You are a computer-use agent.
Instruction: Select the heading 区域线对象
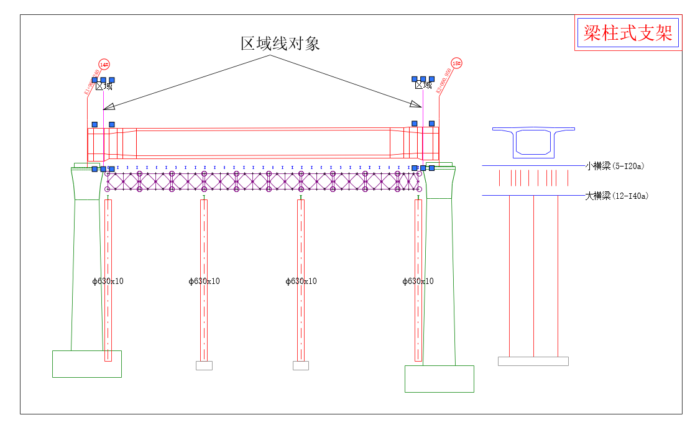point(280,43)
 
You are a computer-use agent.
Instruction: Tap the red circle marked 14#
point(104,65)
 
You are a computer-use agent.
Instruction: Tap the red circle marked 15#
point(456,63)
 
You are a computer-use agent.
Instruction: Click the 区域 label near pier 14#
point(104,86)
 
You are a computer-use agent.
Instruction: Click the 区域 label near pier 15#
point(423,85)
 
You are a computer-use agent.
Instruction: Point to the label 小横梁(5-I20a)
point(614,166)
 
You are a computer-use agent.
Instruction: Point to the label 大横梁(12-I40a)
point(616,196)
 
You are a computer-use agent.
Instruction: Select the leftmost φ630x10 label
point(108,281)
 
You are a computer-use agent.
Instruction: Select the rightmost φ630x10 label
point(418,281)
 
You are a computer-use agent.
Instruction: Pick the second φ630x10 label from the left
point(205,281)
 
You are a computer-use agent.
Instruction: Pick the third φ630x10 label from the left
point(301,281)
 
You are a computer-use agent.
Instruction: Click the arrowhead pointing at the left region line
point(108,106)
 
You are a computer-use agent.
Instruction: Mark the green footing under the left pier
point(86,364)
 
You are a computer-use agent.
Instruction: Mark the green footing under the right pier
point(439,378)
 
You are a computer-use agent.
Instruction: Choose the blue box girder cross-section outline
point(533,142)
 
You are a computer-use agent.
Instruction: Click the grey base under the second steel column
point(204,365)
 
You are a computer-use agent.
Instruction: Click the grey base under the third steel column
point(301,365)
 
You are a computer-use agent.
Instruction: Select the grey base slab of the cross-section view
point(533,361)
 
